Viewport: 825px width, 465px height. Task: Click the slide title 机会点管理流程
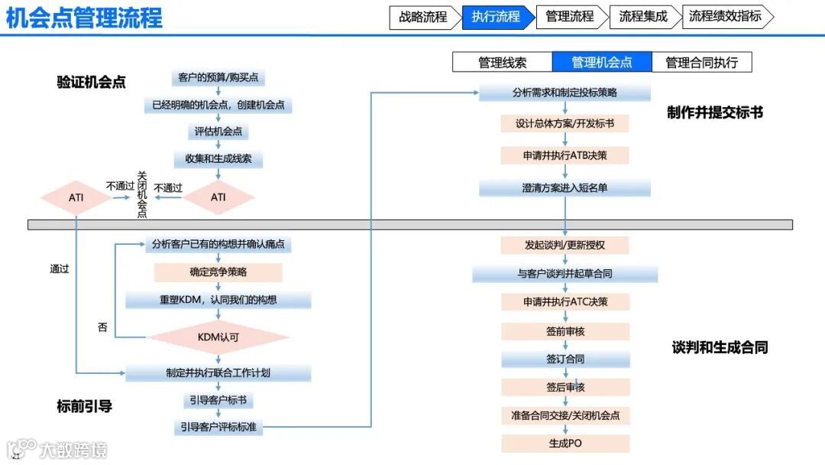[85, 18]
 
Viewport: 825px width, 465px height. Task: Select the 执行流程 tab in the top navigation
[495, 17]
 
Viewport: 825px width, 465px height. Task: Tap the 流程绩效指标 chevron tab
[725, 17]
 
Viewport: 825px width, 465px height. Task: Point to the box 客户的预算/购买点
[218, 78]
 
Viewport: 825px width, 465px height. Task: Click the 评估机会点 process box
[218, 132]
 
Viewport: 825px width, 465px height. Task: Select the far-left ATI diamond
[76, 197]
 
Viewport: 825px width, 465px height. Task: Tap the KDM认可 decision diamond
[218, 336]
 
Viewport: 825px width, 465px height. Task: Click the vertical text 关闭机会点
[141, 195]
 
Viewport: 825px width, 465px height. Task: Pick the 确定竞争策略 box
[218, 272]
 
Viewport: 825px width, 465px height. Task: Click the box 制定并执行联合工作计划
[218, 373]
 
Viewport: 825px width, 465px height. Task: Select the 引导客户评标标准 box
[218, 427]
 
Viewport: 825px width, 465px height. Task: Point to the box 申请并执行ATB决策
[565, 154]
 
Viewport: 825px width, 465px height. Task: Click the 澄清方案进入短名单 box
[565, 188]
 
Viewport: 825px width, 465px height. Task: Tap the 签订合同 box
[565, 359]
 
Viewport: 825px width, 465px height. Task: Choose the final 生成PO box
[565, 443]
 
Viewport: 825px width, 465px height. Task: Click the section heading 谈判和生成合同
[720, 347]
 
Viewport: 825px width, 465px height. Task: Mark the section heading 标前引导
[85, 406]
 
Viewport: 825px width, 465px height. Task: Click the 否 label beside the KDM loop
[102, 327]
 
